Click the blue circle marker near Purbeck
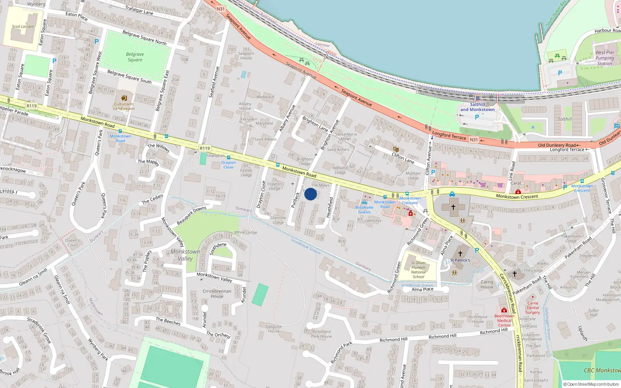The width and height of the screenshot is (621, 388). point(310,194)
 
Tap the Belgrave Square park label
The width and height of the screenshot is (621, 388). point(135,57)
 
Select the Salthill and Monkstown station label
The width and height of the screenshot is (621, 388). point(477,107)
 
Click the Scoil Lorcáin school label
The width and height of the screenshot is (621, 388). point(23,27)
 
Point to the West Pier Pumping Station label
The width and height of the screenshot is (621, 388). point(605,58)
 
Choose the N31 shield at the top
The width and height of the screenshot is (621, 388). point(220,9)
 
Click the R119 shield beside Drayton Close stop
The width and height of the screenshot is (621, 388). point(205,148)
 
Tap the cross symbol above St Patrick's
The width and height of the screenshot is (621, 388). point(460,254)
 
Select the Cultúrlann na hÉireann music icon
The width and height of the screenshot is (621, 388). point(124,98)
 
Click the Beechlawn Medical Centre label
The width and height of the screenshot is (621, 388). point(504,320)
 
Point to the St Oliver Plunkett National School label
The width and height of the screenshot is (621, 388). point(418,270)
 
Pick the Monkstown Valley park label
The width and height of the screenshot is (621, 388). point(185,255)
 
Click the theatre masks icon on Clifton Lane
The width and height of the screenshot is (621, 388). point(395,149)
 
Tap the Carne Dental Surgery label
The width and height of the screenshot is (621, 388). point(533,308)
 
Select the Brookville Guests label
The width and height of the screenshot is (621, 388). point(364,210)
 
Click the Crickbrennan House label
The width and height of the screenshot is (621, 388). point(217,294)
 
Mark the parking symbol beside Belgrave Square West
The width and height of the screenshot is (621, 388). point(97,41)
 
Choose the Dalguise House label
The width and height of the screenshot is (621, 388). point(274,329)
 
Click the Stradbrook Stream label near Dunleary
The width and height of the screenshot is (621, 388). point(306,246)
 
